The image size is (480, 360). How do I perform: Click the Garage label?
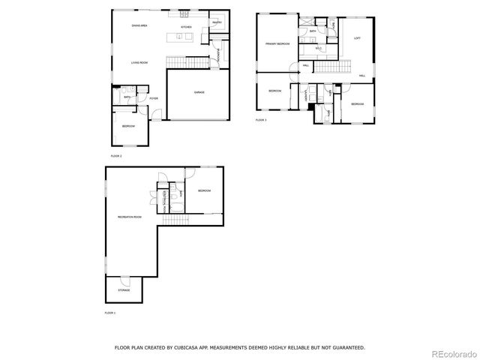(x=199, y=92)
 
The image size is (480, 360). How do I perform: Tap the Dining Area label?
(x=139, y=26)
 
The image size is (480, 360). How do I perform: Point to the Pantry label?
(x=216, y=23)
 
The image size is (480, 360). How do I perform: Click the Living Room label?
(x=139, y=62)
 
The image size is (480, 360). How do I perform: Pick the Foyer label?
(x=153, y=98)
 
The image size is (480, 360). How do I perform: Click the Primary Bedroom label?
(x=277, y=44)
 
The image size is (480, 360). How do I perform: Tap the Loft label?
(x=357, y=37)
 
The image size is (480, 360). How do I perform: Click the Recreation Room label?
(x=129, y=217)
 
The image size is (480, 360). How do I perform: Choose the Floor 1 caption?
(x=110, y=313)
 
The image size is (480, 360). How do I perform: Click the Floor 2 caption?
(x=116, y=155)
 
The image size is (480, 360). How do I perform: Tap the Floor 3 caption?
(x=261, y=120)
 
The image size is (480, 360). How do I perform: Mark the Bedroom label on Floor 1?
(x=204, y=190)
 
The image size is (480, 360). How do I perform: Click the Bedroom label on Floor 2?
(x=128, y=126)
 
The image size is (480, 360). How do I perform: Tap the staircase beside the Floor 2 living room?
(x=186, y=60)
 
